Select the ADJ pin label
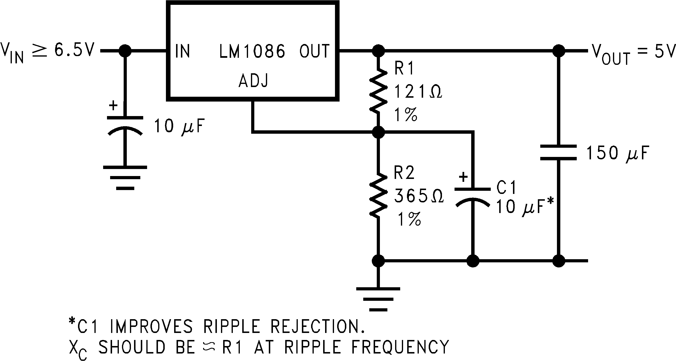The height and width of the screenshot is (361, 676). coord(253,81)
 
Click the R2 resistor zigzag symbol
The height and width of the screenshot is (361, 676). coord(378,196)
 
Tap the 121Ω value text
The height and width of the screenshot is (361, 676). coord(418,92)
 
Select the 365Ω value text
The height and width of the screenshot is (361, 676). coord(419,196)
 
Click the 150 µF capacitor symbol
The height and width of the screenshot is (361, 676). coord(558,152)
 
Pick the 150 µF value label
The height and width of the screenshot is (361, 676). coord(617,153)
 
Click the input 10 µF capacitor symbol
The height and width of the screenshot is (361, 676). coord(125,125)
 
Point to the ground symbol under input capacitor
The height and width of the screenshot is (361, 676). coord(125,177)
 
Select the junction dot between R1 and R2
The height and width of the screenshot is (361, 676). coord(378,132)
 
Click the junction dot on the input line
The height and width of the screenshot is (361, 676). coord(125,51)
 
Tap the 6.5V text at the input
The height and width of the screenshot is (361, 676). coord(74,50)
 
